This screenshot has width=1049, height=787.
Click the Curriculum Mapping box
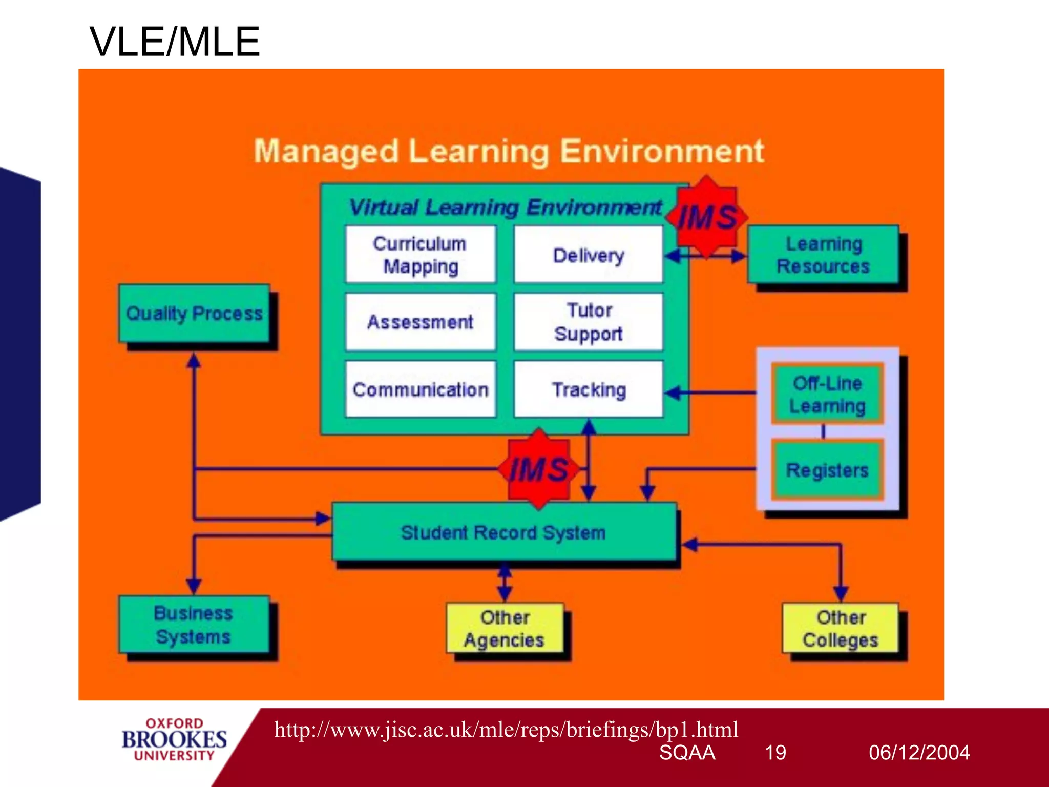(x=421, y=254)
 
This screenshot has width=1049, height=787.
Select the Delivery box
(x=588, y=254)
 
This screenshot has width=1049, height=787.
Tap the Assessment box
(x=421, y=322)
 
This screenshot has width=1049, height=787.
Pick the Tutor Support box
(x=588, y=322)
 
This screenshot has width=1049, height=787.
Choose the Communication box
(x=421, y=389)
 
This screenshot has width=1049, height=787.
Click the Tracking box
(x=588, y=389)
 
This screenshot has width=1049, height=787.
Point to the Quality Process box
(x=194, y=314)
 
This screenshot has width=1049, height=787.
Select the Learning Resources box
(x=823, y=255)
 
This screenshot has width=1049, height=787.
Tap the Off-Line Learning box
(x=827, y=394)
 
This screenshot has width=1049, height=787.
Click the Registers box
(x=827, y=470)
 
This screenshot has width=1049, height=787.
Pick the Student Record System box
(x=504, y=532)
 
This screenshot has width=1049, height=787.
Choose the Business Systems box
(x=194, y=625)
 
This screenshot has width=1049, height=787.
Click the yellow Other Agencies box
(x=505, y=628)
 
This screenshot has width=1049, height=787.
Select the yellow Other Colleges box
(x=840, y=628)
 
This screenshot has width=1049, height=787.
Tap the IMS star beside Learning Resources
(x=707, y=217)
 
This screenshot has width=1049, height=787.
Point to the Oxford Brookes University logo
(x=174, y=739)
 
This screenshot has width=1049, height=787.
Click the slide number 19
(x=775, y=753)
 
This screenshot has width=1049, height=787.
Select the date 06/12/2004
(x=919, y=753)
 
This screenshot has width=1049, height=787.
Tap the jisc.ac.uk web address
(x=506, y=729)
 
